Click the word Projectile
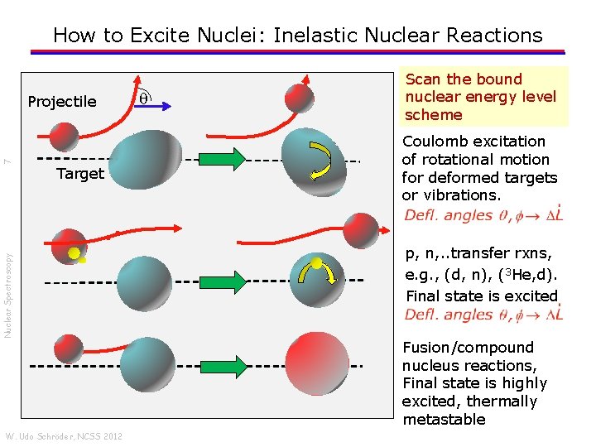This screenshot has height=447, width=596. pos(62,102)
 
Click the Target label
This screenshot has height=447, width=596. pos(80,174)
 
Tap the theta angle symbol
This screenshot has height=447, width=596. pos(142,98)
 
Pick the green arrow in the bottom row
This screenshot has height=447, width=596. pos(223,365)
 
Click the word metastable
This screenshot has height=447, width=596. pos(444,420)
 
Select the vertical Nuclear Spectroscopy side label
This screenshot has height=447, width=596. pos(7,282)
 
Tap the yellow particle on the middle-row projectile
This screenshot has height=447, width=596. pos(74,252)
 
